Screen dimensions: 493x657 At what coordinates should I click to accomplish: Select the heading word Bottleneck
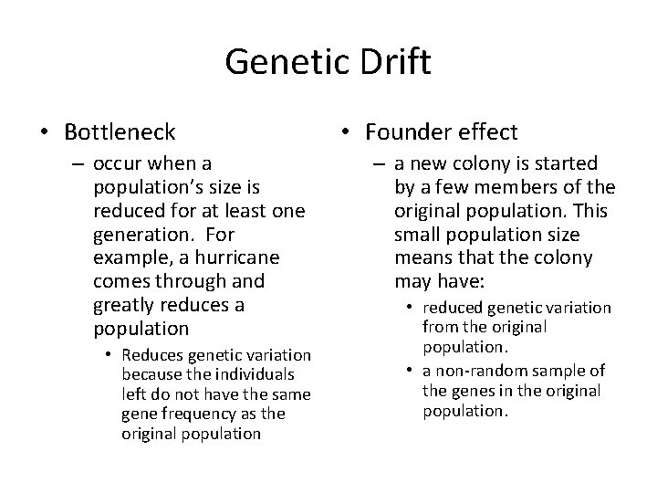pos(120,133)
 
